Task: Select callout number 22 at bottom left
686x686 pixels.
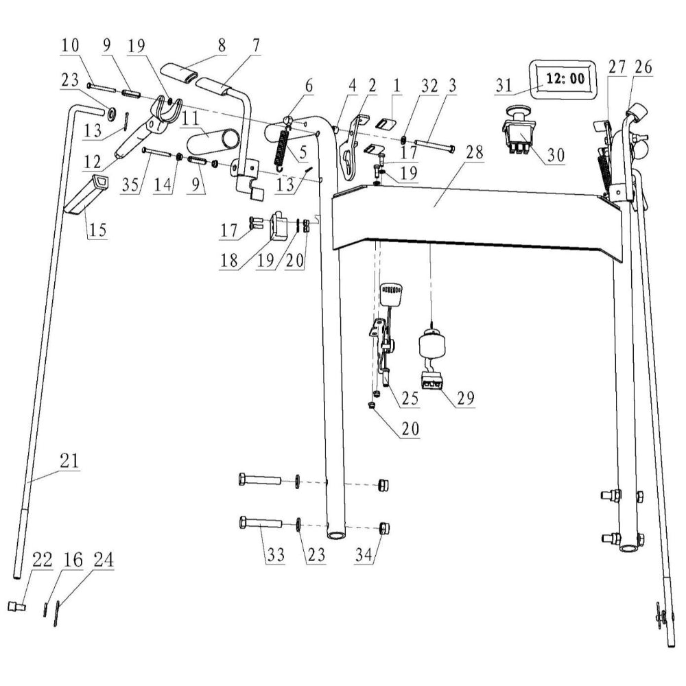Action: [42, 560]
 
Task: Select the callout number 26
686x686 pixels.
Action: [643, 67]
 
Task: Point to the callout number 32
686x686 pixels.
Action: [429, 86]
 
